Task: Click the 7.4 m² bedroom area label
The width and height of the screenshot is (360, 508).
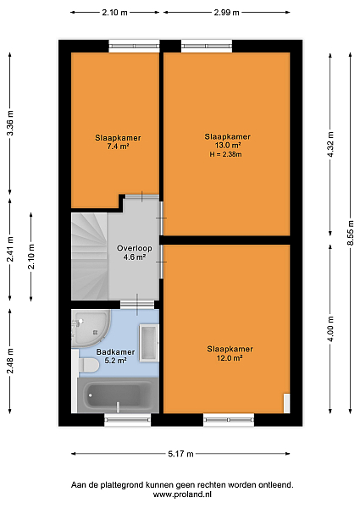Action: (x=118, y=142)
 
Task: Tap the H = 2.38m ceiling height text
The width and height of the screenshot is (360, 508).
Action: (x=225, y=155)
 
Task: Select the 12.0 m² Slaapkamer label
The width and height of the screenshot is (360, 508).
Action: (x=230, y=353)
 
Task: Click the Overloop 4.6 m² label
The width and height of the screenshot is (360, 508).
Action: (x=134, y=252)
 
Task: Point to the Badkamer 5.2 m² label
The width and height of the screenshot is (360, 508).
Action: (x=115, y=356)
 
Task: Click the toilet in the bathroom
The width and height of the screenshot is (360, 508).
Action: (x=86, y=365)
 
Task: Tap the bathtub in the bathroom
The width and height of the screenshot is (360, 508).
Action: (x=118, y=395)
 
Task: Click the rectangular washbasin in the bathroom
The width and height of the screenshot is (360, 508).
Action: (x=149, y=342)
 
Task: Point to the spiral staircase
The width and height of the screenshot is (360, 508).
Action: (x=89, y=257)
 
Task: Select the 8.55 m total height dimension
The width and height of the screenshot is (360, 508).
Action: (x=351, y=234)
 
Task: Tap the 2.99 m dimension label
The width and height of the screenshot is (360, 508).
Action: (x=226, y=13)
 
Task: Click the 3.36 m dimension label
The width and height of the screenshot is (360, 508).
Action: (x=10, y=124)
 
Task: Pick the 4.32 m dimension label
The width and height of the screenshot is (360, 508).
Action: (x=330, y=145)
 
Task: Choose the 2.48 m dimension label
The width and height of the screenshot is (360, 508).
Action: (x=10, y=361)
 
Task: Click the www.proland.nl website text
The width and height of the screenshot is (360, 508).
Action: (x=182, y=494)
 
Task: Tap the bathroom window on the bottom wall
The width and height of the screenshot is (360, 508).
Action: (x=128, y=420)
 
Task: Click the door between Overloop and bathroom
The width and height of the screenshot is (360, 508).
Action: (x=137, y=305)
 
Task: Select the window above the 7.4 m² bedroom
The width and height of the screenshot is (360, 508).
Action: (x=134, y=46)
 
